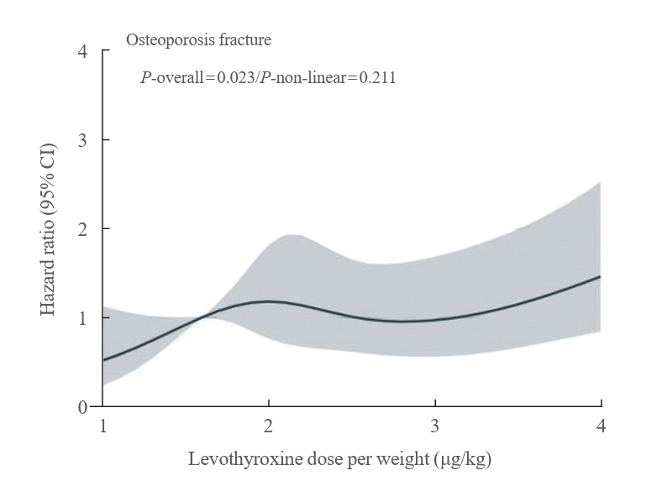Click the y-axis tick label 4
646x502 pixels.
[81, 51]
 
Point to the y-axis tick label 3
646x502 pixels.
[81, 140]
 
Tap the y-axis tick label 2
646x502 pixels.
[81, 229]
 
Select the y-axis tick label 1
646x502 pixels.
[81, 318]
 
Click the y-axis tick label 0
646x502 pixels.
[81, 407]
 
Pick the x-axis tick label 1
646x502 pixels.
[103, 426]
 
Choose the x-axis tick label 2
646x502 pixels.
[269, 426]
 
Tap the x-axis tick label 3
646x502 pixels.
[434, 426]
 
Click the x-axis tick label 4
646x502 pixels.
[600, 426]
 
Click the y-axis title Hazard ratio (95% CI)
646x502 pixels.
[50, 229]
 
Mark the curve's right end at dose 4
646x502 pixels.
[600, 277]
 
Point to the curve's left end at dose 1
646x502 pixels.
[103, 361]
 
